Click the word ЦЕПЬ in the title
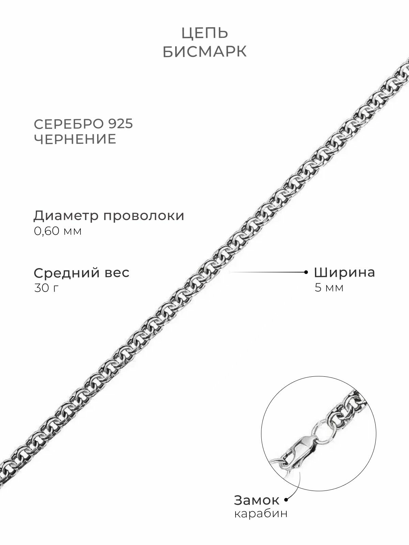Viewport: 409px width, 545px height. coord(204,33)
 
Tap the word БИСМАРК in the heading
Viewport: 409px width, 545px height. coord(204,52)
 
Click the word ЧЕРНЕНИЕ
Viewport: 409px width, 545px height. coord(75,140)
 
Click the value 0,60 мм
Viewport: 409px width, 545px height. coord(58,231)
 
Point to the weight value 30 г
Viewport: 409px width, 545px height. coord(46,288)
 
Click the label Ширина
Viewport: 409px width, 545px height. coord(344,272)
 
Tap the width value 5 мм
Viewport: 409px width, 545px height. coord(329,288)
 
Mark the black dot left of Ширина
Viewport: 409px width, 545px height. coord(306,272)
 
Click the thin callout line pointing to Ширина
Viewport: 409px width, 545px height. coord(266,272)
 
